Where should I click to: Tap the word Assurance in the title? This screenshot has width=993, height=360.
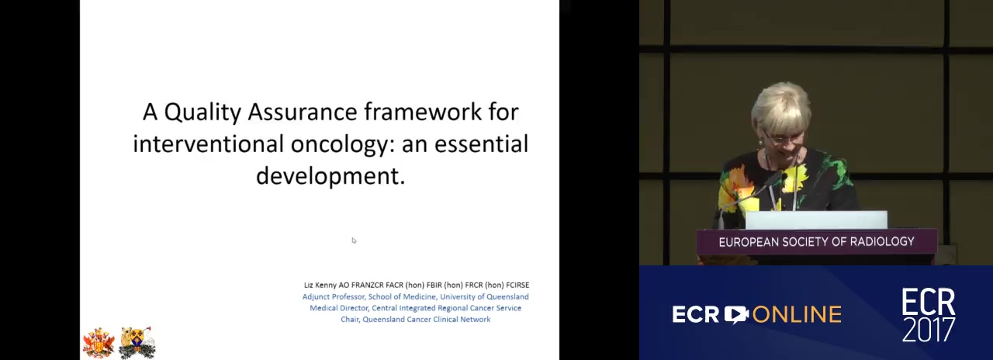303,112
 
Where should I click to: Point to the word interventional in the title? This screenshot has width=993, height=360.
209,144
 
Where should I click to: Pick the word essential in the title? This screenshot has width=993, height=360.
481,144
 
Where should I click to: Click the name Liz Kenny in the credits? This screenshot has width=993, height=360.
320,285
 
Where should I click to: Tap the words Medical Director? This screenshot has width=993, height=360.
339,308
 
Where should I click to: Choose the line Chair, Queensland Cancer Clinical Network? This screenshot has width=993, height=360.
415,319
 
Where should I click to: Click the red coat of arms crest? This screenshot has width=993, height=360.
99,343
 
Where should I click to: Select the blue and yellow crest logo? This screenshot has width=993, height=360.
137,343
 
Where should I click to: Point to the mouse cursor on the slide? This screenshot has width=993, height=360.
354,241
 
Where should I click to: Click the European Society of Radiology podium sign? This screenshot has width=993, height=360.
817,242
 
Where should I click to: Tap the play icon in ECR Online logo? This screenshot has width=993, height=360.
736,315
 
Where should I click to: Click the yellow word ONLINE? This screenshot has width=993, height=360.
797,315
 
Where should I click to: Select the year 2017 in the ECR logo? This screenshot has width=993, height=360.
929,329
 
